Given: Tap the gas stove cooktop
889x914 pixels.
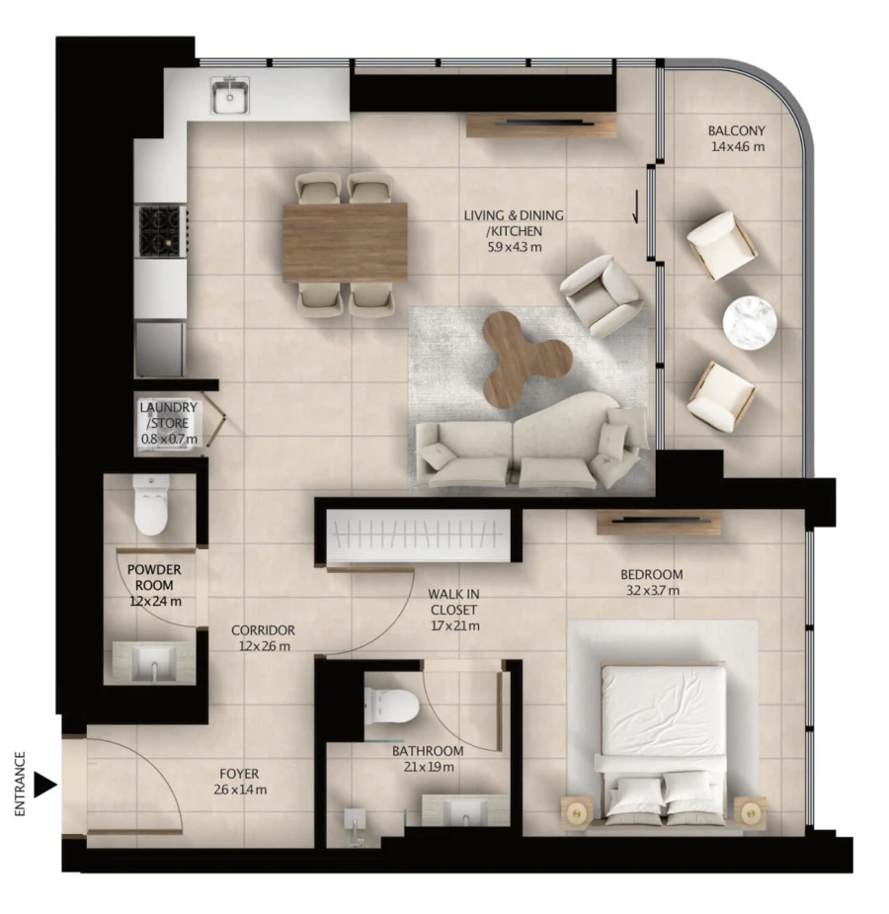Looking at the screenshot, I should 160,229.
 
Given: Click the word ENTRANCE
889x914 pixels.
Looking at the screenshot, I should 20,786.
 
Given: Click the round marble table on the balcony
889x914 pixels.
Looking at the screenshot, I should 751,322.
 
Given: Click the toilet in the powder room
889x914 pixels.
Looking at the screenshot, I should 151,508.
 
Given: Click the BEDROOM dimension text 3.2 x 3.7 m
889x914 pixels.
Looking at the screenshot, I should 651,591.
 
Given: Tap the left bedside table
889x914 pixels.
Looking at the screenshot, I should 578,812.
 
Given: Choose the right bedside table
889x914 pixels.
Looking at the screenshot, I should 751,812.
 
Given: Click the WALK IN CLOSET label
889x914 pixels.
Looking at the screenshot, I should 454,609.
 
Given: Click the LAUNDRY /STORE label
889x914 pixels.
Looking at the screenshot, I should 168,415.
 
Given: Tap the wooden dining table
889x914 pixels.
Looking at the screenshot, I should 345,242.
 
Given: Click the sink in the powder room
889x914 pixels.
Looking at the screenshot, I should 153,663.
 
